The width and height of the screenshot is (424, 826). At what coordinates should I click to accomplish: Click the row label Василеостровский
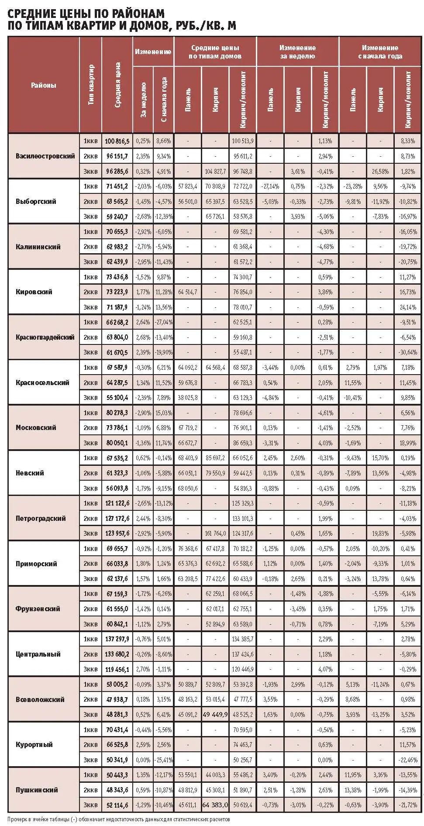click(x=45, y=156)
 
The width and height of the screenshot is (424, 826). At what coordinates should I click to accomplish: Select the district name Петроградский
click(x=41, y=518)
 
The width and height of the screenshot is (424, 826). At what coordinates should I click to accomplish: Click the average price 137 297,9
click(x=117, y=639)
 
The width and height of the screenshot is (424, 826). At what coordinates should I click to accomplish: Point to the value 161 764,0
click(x=215, y=533)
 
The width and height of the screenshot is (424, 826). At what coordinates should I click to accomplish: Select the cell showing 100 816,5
click(x=117, y=141)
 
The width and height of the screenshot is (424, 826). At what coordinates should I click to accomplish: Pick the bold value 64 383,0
click(x=215, y=805)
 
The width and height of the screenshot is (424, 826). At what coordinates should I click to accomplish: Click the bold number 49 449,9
click(x=215, y=714)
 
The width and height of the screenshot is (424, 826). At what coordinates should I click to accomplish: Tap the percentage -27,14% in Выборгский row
click(x=270, y=186)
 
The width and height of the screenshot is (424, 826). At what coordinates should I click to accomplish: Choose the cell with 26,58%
click(x=380, y=171)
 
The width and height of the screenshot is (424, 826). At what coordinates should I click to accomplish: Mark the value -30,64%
click(x=408, y=352)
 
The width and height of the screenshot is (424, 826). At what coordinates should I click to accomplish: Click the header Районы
click(x=44, y=85)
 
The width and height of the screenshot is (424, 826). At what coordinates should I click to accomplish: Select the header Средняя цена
click(x=117, y=85)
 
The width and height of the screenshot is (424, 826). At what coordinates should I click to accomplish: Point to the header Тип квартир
click(x=91, y=85)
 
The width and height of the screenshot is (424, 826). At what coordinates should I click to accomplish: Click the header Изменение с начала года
click(x=380, y=52)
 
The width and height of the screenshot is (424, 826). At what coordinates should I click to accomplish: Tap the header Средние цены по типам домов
click(x=215, y=52)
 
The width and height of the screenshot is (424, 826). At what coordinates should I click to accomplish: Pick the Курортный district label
click(x=34, y=744)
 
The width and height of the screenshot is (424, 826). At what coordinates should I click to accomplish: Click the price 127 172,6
click(x=117, y=518)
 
